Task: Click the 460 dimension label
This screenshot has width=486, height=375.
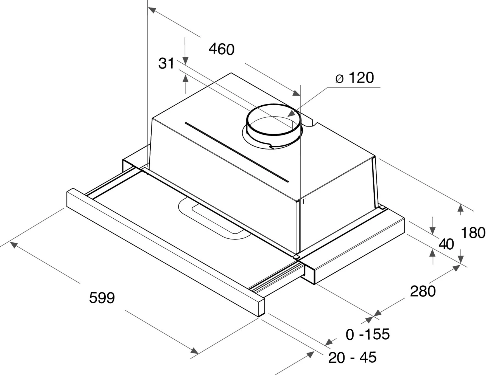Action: pyautogui.click(x=222, y=49)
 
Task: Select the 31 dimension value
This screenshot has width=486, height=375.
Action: pyautogui.click(x=166, y=63)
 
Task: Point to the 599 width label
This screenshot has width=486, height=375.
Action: pyautogui.click(x=102, y=298)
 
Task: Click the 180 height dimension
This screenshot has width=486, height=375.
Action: pyautogui.click(x=473, y=233)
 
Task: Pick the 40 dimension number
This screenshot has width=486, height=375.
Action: pyautogui.click(x=446, y=244)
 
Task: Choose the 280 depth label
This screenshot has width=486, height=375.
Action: pyautogui.click(x=423, y=291)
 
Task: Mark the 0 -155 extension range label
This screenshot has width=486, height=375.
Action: pyautogui.click(x=368, y=334)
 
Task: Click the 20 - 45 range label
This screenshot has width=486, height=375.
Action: pyautogui.click(x=352, y=357)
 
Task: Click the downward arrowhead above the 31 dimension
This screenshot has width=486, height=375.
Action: pyautogui.click(x=186, y=61)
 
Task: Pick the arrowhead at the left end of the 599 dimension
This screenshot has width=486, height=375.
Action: pyautogui.click(x=14, y=244)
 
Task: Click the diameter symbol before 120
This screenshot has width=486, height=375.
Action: pyautogui.click(x=339, y=79)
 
